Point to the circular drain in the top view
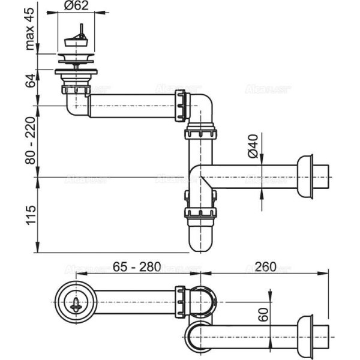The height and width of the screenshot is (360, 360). (x=76, y=298)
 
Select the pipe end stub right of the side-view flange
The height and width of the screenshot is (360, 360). (x=323, y=177)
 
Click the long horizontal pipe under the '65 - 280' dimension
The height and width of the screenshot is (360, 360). (x=132, y=298)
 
